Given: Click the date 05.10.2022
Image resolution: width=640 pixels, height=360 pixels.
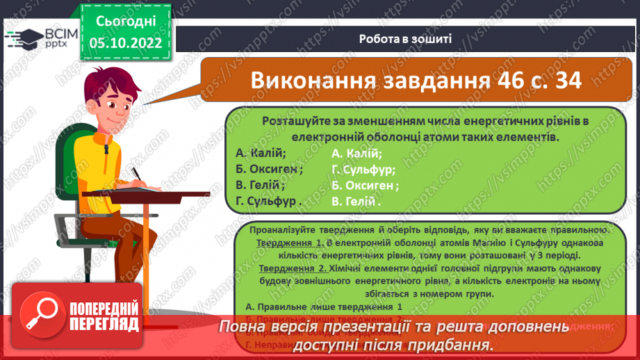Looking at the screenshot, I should (x=126, y=43).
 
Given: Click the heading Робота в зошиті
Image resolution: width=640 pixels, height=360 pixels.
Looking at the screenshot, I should (x=406, y=38).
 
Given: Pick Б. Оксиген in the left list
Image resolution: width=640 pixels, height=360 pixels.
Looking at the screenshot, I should (x=269, y=169).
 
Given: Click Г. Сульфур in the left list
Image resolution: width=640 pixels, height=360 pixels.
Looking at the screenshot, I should (x=268, y=202).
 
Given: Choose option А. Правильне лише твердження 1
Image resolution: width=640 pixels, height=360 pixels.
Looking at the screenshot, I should (x=324, y=306).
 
